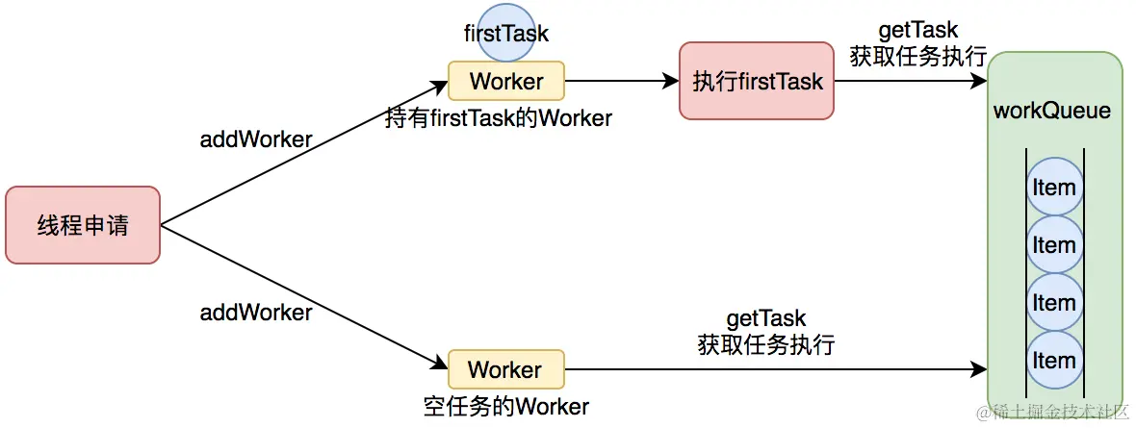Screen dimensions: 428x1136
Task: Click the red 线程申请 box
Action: pos(82,226)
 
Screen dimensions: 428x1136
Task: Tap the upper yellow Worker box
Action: pos(506,82)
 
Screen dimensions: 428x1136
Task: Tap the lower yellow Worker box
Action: pos(505,370)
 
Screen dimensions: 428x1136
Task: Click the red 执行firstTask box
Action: pos(757,81)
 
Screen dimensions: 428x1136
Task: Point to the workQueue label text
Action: pos(1051,111)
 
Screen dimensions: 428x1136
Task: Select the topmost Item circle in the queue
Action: pos(1053,187)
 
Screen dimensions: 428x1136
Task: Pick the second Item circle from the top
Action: pos(1053,245)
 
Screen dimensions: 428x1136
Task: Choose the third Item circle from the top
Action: pos(1053,303)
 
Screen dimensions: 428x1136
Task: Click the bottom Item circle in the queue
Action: pos(1053,361)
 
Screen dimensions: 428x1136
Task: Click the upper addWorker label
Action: pos(255,139)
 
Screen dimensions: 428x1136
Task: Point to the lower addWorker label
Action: pos(255,313)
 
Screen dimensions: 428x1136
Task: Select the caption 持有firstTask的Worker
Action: pos(498,118)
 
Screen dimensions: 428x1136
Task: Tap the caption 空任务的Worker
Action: pos(505,406)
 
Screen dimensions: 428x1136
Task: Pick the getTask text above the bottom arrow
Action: pos(765,318)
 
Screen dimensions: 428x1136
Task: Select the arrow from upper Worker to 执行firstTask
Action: pos(622,82)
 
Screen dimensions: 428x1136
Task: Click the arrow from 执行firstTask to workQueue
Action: pos(910,82)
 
